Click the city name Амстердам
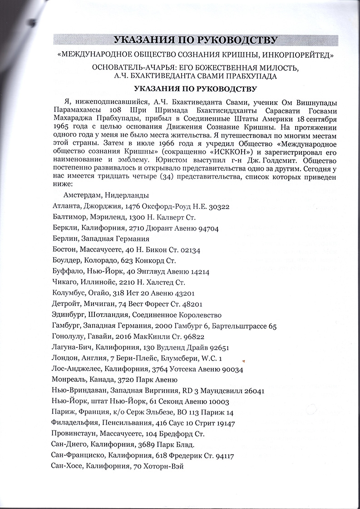tap(81, 196)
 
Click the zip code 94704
tap(220, 228)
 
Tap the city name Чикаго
tap(65, 282)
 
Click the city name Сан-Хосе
tap(68, 467)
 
